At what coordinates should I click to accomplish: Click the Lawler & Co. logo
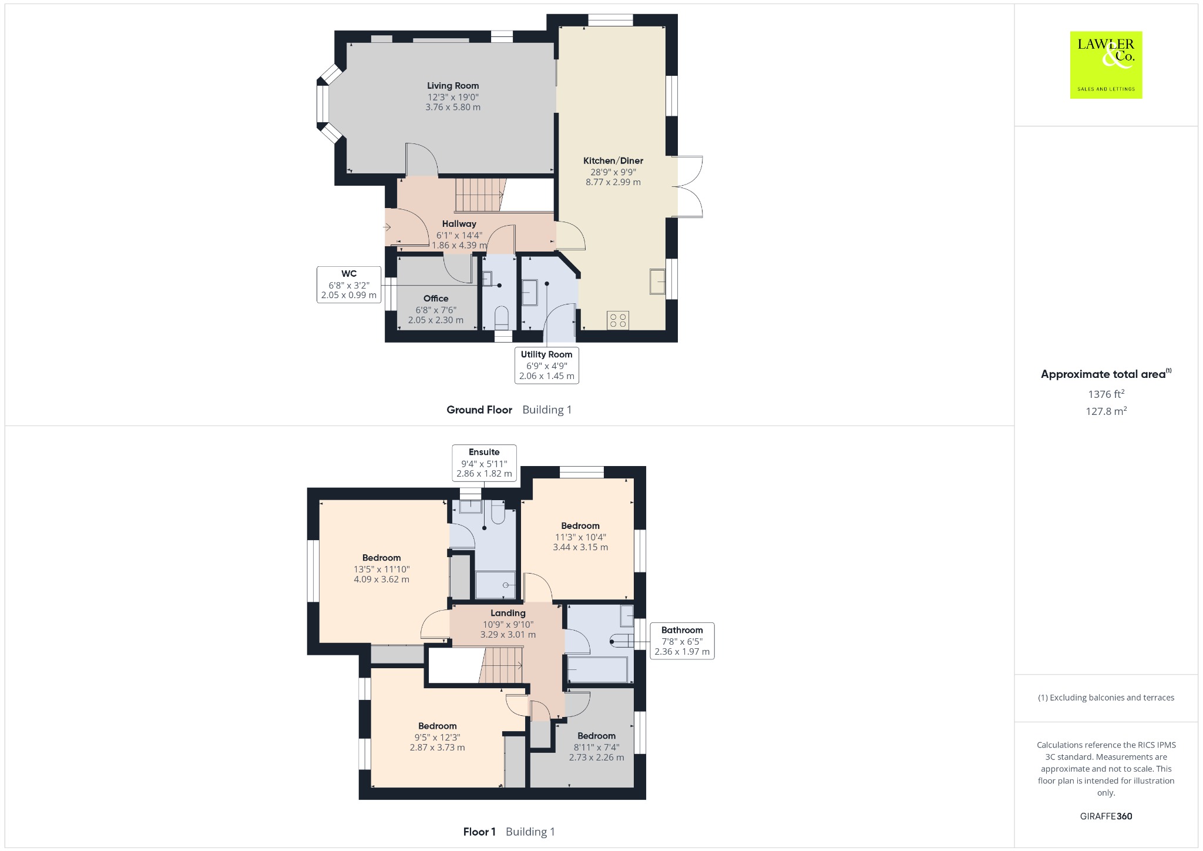[1105, 65]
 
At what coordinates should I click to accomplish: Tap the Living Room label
[453, 86]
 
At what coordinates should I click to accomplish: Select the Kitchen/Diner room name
[613, 160]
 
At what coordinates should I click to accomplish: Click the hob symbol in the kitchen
[618, 320]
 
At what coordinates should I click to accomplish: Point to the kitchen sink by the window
[657, 281]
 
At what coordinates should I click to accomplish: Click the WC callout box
[349, 284]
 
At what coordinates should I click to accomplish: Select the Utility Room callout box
[546, 365]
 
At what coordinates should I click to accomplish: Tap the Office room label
[436, 299]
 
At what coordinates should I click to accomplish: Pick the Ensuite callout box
[484, 463]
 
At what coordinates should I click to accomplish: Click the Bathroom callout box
[682, 641]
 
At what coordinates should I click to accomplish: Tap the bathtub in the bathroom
[597, 670]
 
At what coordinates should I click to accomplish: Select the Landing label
[508, 613]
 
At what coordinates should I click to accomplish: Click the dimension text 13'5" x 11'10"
[382, 569]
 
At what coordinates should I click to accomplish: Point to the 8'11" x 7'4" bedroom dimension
[597, 747]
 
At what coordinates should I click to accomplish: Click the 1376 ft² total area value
[1106, 394]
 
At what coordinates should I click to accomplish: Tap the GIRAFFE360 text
[1106, 816]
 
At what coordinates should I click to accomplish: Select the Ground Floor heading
[479, 410]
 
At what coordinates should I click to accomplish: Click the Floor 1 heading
[479, 832]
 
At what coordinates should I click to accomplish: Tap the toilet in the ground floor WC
[502, 317]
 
